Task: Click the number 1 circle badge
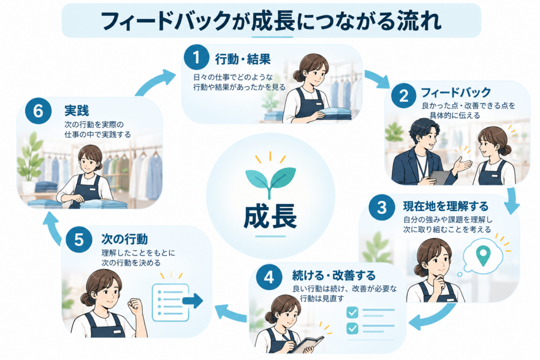point(196,57)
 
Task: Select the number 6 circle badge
point(38,111)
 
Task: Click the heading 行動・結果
point(243,60)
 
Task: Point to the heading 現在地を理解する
point(446,207)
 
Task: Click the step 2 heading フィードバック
point(456,92)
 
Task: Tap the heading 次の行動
point(124,239)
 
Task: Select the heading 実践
point(76,111)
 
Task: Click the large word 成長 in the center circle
point(271,217)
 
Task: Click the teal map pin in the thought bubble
point(483,255)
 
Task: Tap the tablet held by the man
point(439,177)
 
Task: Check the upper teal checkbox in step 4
point(352,313)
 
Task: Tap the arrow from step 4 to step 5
point(231,313)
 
